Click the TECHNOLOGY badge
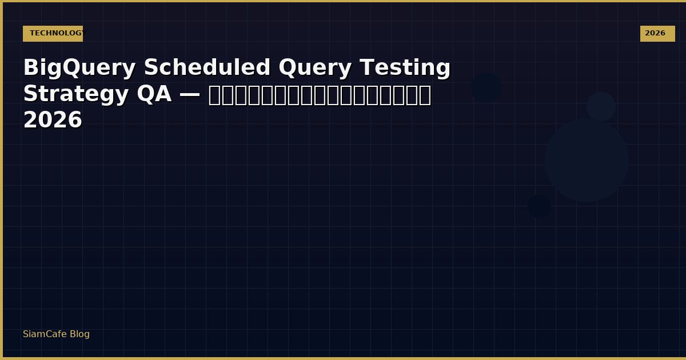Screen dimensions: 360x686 [53, 34]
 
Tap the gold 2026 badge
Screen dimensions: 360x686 [657, 34]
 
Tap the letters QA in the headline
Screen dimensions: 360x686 [154, 95]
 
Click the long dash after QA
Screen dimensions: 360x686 [190, 95]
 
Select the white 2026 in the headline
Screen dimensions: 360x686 [53, 121]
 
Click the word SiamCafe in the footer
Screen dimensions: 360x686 [45, 334]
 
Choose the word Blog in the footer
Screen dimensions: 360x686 [80, 334]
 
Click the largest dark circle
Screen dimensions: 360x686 [587, 160]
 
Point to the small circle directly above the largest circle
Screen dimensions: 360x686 [601, 106]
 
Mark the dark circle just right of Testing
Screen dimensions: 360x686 [486, 88]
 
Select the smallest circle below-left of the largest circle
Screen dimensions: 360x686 [539, 207]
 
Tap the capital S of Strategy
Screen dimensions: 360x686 [30, 95]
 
